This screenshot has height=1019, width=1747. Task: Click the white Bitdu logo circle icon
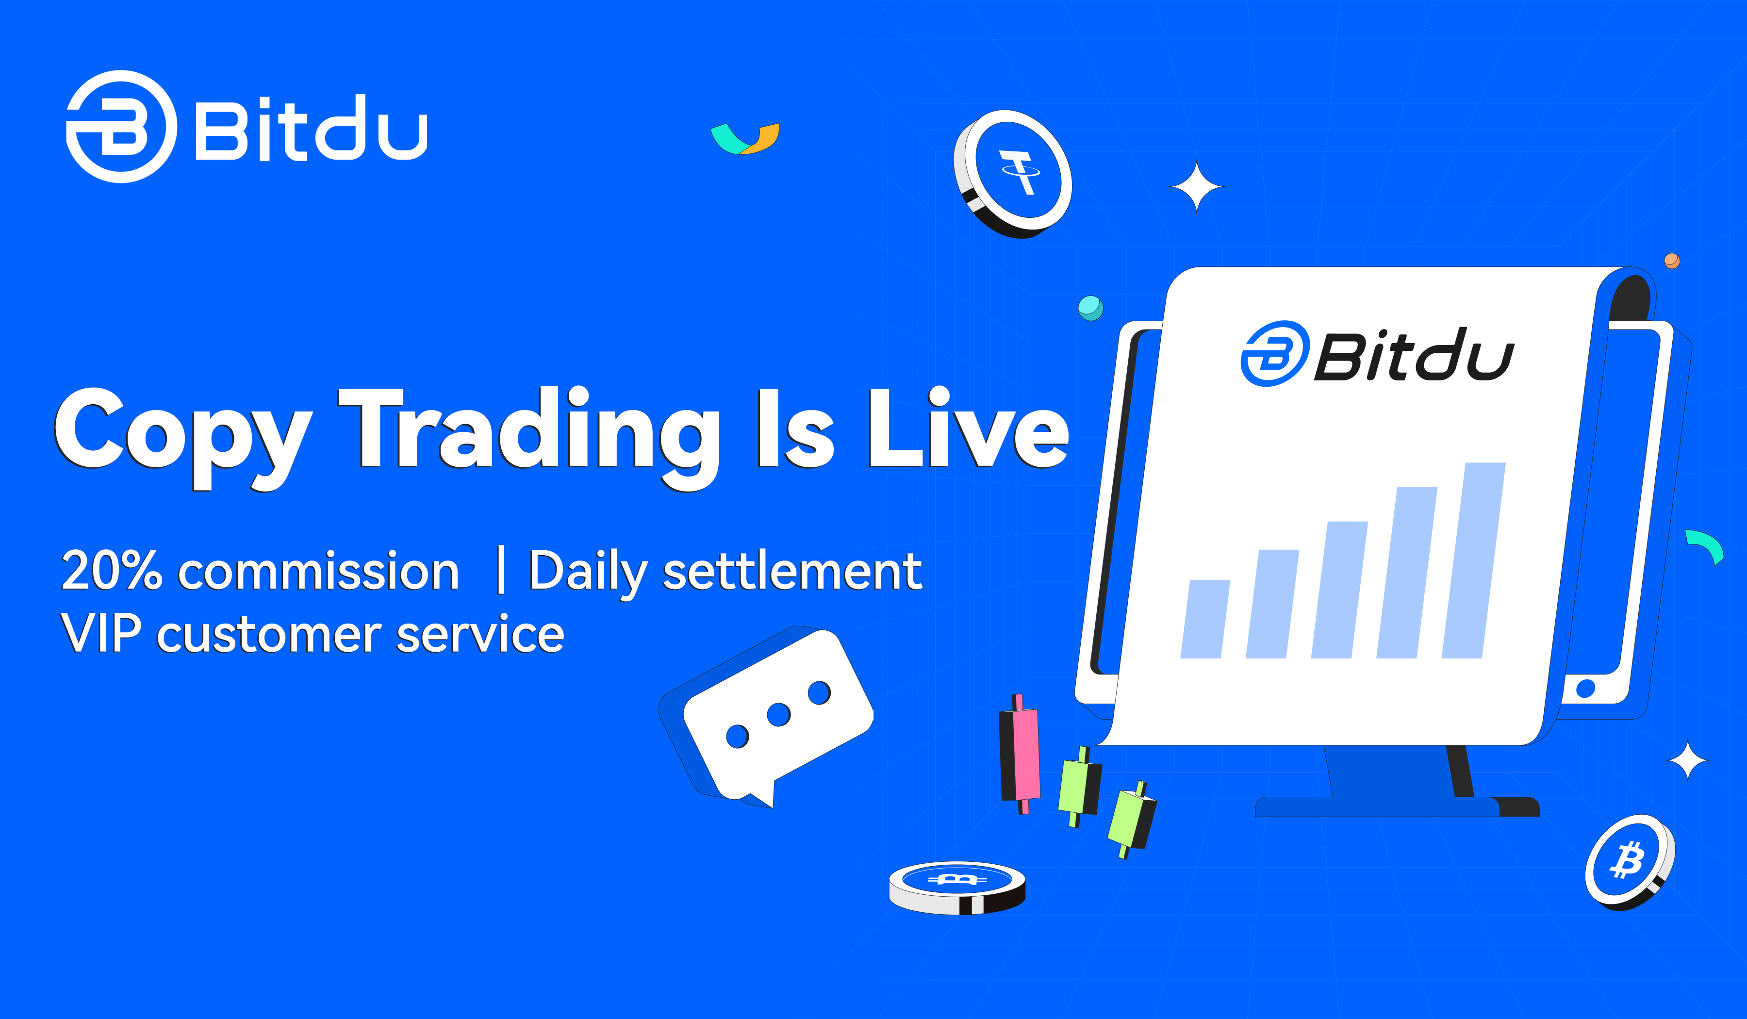coord(122,126)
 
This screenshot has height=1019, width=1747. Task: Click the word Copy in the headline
coord(184,437)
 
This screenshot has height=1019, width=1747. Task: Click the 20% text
coord(112,571)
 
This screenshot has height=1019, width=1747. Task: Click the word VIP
coord(101,632)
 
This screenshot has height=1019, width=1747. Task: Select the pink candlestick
coord(1020,754)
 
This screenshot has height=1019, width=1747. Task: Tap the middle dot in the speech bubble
coord(778,715)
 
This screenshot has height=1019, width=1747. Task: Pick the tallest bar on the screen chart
coord(1474,560)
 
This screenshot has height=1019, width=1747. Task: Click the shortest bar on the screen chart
coord(1205,619)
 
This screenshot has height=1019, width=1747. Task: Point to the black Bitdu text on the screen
coord(1414,354)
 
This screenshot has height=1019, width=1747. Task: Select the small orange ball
coord(1672,261)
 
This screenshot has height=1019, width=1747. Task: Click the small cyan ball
coord(1090,307)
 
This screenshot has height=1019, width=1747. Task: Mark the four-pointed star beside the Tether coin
coord(1197,186)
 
